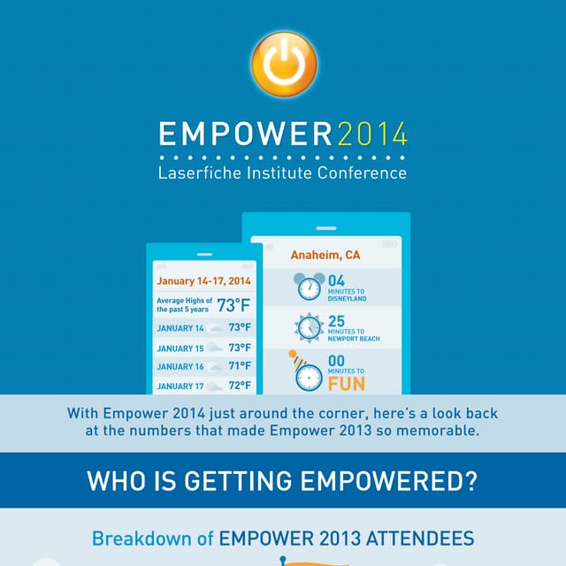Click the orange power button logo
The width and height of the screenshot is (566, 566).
tap(283, 63)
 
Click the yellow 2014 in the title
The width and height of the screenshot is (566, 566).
tap(372, 135)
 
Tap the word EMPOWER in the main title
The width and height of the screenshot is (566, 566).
tap(245, 135)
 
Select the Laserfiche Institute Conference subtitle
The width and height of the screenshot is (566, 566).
tap(283, 173)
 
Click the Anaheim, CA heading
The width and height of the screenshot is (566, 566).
tap(325, 255)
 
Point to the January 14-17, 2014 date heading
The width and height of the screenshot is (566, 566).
tap(203, 281)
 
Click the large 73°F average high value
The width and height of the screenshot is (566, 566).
tap(234, 306)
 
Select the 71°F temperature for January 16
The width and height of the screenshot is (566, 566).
tap(240, 366)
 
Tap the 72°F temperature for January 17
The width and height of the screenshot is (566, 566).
tap(240, 386)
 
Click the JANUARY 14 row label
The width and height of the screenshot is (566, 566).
tap(180, 328)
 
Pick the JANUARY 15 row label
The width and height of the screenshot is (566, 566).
tap(180, 348)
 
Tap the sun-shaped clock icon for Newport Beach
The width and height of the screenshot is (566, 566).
tap(310, 327)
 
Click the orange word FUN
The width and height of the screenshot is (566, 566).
tap(346, 385)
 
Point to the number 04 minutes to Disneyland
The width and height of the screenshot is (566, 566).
tap(336, 281)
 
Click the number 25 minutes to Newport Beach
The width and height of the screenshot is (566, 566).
tap(336, 321)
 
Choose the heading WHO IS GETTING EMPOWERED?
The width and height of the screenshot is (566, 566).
tap(283, 482)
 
